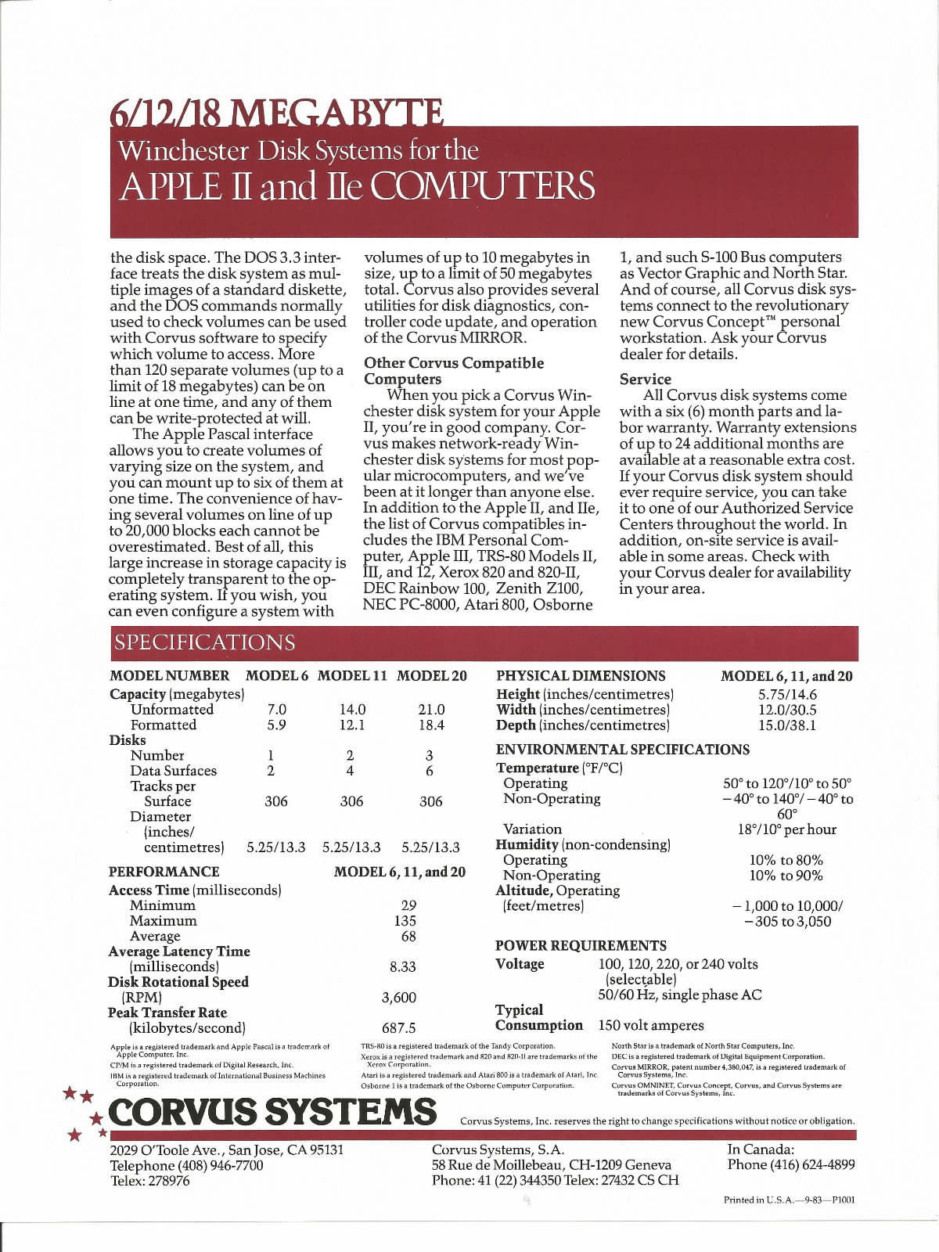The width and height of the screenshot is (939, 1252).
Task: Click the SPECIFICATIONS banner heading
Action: tap(205, 642)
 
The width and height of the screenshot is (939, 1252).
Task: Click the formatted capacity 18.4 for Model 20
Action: tap(431, 725)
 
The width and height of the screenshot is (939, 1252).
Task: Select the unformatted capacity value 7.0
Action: tap(277, 709)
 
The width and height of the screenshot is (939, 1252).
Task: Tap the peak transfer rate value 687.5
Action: tap(398, 1027)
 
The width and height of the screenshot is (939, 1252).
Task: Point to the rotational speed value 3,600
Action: tap(398, 997)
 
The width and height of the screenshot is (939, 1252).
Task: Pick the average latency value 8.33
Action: tap(402, 966)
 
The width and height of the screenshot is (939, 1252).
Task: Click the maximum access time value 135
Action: tap(405, 920)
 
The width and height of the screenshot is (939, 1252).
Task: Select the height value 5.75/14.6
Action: tap(787, 694)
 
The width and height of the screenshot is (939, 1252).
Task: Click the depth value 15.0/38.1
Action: tap(787, 725)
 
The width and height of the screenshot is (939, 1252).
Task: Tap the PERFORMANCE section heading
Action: tap(164, 871)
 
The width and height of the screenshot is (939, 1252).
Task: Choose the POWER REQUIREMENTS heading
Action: tap(581, 945)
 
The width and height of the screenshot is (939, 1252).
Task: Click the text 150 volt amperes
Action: tap(651, 1025)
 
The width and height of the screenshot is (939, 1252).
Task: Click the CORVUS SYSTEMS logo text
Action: tap(273, 1111)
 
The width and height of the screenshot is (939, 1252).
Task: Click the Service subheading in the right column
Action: tap(645, 379)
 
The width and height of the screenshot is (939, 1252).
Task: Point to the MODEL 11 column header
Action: tap(353, 675)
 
